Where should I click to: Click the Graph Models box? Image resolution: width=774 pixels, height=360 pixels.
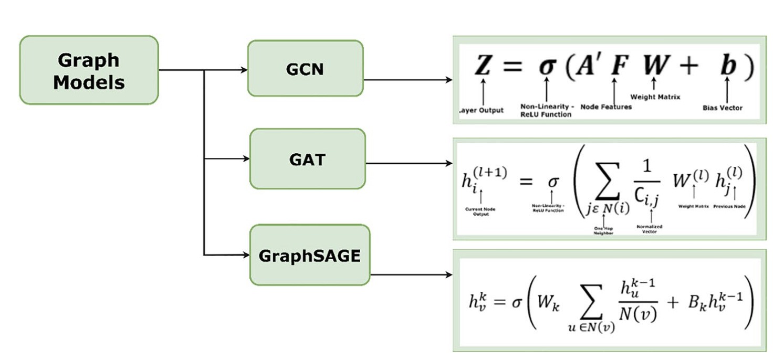click(x=89, y=70)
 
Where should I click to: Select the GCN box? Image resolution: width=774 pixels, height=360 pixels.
click(x=305, y=69)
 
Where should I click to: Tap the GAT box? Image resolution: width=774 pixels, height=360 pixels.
click(x=307, y=158)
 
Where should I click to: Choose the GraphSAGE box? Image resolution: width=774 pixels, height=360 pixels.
click(x=310, y=256)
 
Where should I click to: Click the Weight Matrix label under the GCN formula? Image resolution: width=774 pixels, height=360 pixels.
click(x=655, y=97)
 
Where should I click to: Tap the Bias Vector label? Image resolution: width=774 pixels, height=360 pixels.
click(x=723, y=108)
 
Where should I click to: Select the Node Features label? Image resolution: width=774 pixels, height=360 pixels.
click(x=606, y=107)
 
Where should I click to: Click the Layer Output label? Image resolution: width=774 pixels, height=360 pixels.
click(x=481, y=111)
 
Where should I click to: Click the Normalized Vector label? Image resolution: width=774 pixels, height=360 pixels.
click(x=650, y=229)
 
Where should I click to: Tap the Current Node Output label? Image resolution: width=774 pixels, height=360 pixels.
click(x=480, y=212)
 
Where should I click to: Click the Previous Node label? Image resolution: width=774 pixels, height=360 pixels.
click(x=729, y=207)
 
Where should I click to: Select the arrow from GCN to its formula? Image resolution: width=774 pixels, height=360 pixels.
click(x=408, y=80)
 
